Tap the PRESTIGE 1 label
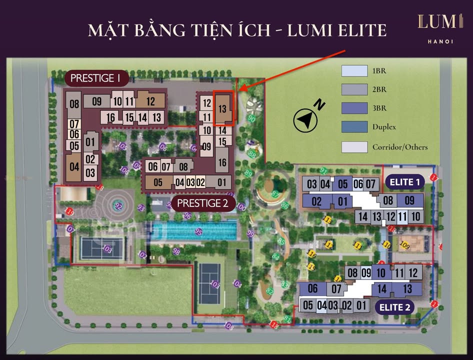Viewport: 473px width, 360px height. point(96,78)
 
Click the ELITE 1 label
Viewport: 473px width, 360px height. point(404,182)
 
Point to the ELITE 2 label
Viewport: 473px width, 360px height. point(394,307)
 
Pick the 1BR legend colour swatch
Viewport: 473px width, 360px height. point(354,71)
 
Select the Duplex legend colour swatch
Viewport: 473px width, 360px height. point(354,127)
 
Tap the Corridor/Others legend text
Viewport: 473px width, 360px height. point(400,147)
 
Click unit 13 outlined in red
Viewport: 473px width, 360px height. point(223,108)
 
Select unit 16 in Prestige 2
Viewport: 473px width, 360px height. point(222,162)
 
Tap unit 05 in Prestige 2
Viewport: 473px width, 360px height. point(158,182)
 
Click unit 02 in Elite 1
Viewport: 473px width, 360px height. point(316,202)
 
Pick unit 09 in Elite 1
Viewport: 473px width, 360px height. point(409,201)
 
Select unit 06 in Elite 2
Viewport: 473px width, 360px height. point(312,288)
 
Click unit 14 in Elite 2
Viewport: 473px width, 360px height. point(382,288)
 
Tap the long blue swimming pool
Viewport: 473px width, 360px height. point(194,231)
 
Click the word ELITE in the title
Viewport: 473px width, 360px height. point(359,30)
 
